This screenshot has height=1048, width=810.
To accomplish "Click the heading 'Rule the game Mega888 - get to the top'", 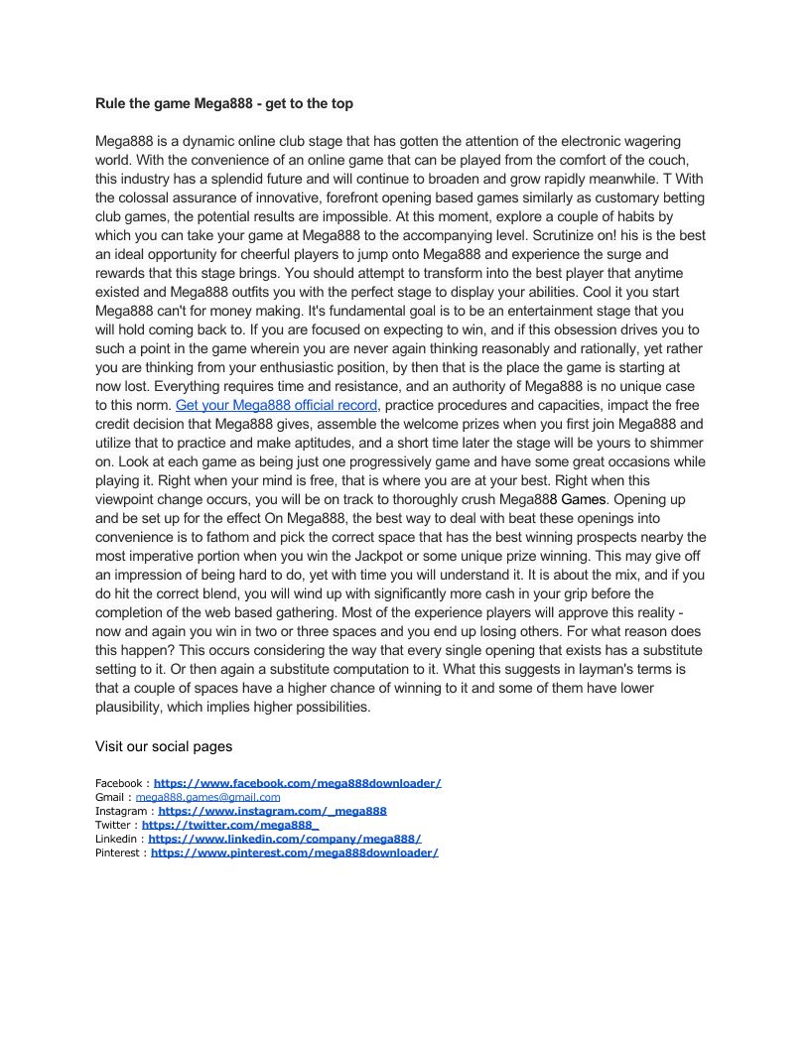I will (x=223, y=103).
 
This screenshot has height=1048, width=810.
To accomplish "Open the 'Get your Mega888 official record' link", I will (x=276, y=405).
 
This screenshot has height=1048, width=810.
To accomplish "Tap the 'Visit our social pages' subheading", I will (x=164, y=746).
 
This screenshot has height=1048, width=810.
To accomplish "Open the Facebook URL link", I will (x=297, y=783).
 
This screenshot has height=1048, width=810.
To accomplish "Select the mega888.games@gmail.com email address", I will (x=207, y=797).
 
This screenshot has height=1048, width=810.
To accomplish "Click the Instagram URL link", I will (x=272, y=811).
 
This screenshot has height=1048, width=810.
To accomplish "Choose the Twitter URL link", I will (x=229, y=825).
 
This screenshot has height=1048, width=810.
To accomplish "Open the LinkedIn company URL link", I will (x=284, y=839).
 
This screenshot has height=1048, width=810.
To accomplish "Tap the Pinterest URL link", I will (x=294, y=852).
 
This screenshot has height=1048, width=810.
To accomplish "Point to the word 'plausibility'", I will (x=130, y=707).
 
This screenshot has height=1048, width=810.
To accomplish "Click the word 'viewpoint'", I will (x=129, y=499).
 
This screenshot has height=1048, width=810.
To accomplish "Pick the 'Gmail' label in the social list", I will (x=110, y=797).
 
